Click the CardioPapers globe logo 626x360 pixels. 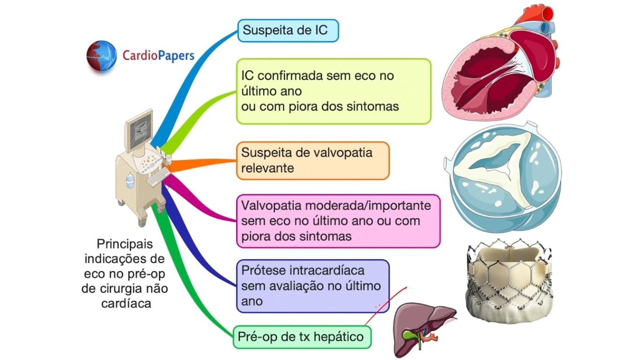(101, 56)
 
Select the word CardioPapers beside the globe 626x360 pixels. (158, 56)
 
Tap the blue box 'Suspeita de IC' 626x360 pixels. (288, 31)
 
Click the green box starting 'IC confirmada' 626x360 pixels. (333, 91)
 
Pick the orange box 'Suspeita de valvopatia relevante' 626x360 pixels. (313, 161)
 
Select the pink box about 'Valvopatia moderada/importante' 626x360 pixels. (338, 221)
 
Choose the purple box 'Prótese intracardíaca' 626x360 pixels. (313, 286)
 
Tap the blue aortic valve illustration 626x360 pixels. (502, 178)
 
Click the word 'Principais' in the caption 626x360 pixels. (124, 245)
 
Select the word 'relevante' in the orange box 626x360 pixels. (267, 168)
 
